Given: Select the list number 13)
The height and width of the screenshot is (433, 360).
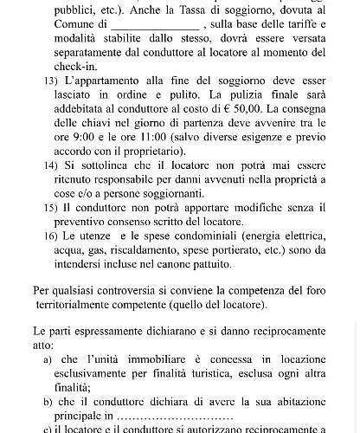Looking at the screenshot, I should coord(51,81).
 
